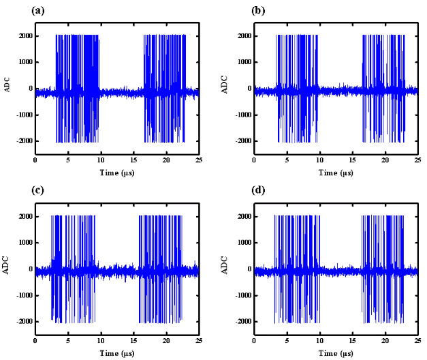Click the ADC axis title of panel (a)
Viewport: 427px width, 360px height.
7,88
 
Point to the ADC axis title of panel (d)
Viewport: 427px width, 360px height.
225,269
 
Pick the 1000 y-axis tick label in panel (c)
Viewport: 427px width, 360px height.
23,242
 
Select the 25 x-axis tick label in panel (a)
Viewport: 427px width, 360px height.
198,161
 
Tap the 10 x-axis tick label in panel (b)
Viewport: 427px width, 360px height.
319,161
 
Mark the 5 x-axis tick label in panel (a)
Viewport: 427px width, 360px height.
67,161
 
